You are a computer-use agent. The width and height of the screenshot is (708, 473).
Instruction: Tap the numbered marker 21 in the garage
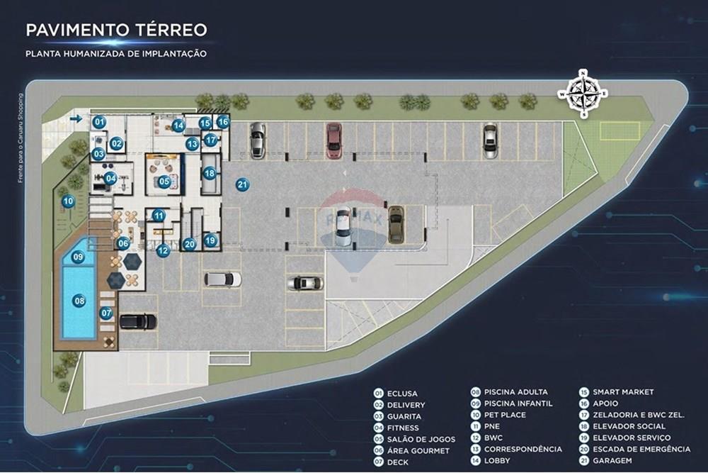tap(243, 184)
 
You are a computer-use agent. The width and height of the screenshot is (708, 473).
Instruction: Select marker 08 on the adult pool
tap(79, 301)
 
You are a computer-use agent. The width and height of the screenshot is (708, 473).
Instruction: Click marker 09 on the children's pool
tap(79, 258)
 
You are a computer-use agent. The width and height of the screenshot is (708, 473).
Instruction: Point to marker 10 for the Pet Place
tap(68, 201)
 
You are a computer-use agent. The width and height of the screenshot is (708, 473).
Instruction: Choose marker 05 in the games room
tap(164, 182)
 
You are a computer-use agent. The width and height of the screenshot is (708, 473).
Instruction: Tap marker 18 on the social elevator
tap(209, 173)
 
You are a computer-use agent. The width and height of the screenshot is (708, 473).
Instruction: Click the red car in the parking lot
tap(333, 140)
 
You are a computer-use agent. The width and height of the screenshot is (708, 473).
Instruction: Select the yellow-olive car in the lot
tap(396, 224)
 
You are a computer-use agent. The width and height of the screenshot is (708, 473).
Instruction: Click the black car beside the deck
tap(137, 321)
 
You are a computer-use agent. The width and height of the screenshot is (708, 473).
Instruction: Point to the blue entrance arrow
tap(76, 118)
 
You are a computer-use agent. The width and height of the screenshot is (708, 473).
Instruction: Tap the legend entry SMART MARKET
tap(623, 392)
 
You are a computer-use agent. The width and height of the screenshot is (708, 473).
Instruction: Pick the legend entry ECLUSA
tap(402, 394)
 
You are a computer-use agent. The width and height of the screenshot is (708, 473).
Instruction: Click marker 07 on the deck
tap(106, 313)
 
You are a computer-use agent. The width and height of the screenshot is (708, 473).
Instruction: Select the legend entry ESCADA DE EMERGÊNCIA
tap(641, 449)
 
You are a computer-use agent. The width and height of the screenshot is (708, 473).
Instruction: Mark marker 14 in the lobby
tap(178, 126)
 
